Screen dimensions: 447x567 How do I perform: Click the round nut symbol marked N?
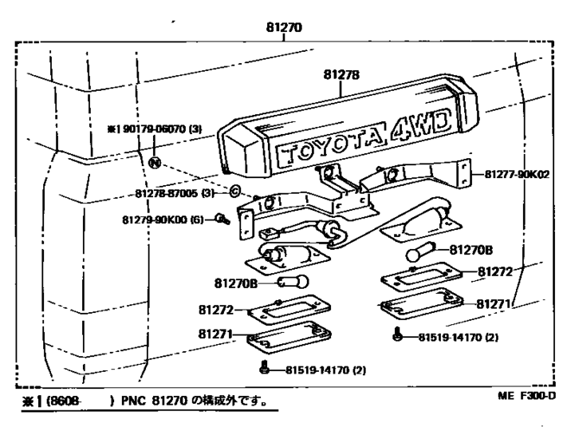coord(156,162)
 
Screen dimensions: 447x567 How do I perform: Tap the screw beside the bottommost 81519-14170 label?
coord(264,368)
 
